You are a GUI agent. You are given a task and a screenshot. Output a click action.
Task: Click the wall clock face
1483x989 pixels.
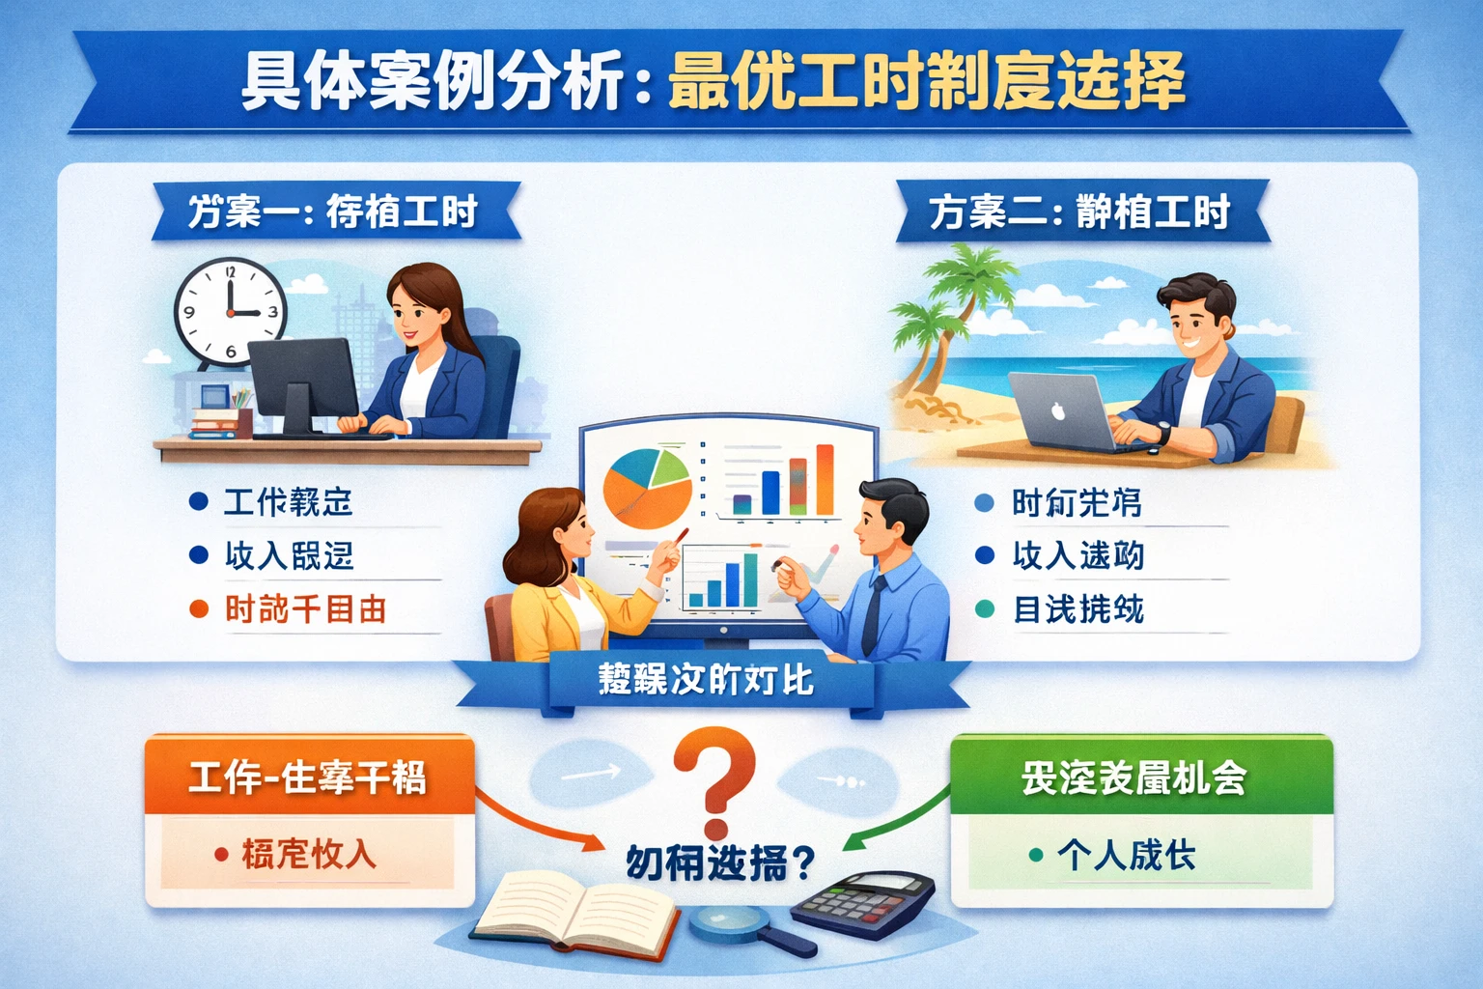click(231, 312)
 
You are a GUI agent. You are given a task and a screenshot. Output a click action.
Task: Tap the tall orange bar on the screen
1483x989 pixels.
click(825, 479)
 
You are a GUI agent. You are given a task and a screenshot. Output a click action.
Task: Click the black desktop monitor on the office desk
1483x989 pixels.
click(303, 381)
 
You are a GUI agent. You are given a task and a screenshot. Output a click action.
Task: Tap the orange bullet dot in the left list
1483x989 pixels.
click(199, 609)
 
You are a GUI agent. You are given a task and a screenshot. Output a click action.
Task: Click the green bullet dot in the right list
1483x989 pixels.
click(985, 609)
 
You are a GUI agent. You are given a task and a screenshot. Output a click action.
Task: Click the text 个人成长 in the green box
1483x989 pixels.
click(1127, 855)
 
